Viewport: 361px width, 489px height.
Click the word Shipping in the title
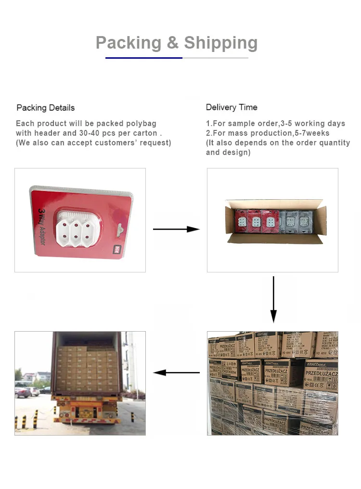tap(220, 43)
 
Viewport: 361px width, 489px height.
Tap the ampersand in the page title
tap(173, 43)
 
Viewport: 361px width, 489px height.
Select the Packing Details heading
tap(46, 108)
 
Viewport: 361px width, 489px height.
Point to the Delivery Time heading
tap(232, 107)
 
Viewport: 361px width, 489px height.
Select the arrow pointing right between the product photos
tap(176, 229)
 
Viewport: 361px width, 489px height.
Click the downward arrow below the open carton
tap(273, 299)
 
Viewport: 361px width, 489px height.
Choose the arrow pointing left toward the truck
tap(176, 373)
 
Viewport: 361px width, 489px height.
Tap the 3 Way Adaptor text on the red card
tap(41, 226)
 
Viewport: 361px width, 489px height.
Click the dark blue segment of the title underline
tap(144, 58)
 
